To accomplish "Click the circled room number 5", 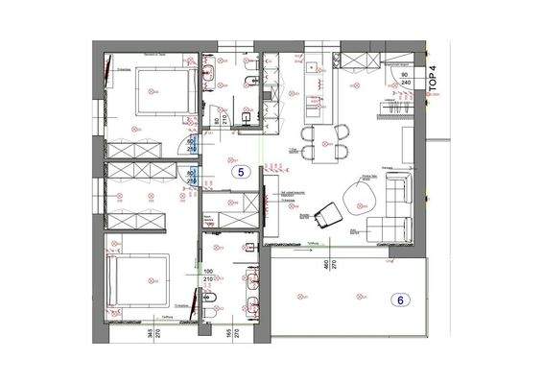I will click(241, 173).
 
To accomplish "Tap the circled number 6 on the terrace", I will click(399, 300).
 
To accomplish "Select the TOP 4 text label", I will click(432, 77).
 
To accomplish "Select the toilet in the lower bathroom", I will click(218, 295).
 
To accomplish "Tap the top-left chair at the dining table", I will click(309, 133).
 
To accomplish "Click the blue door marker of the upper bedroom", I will click(190, 147).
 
